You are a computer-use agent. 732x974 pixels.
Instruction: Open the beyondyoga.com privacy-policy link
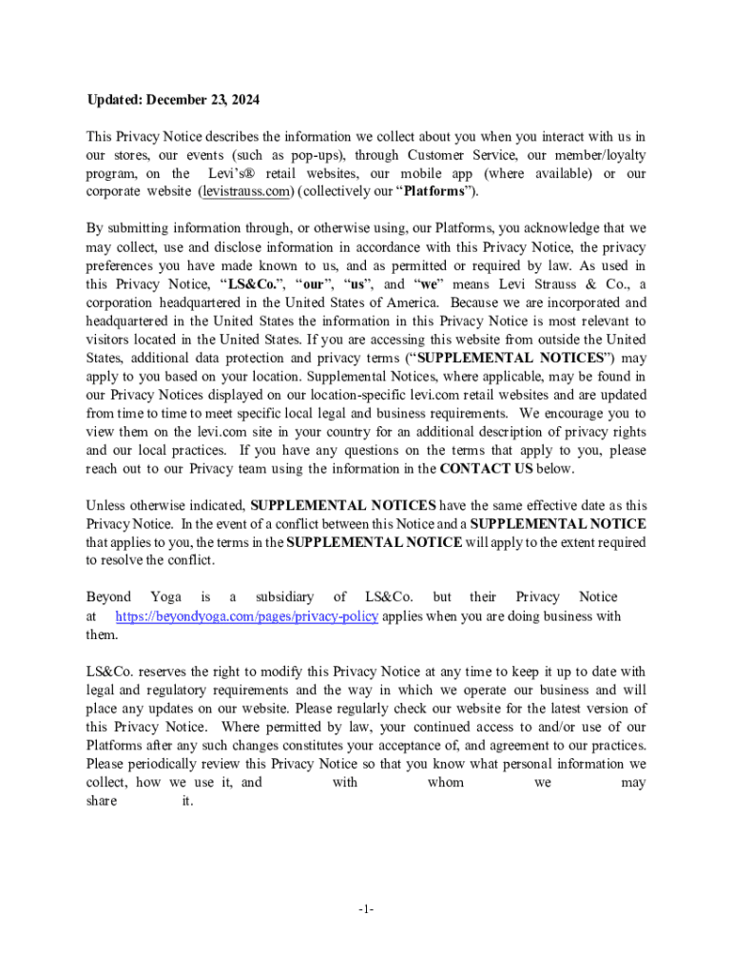pos(247,616)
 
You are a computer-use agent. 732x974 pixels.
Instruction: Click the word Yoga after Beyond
pos(165,597)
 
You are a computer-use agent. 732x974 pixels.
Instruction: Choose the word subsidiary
pos(284,597)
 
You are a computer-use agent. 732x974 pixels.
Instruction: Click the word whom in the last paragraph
pos(446,783)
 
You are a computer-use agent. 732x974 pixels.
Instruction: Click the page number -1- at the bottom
pos(366,910)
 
